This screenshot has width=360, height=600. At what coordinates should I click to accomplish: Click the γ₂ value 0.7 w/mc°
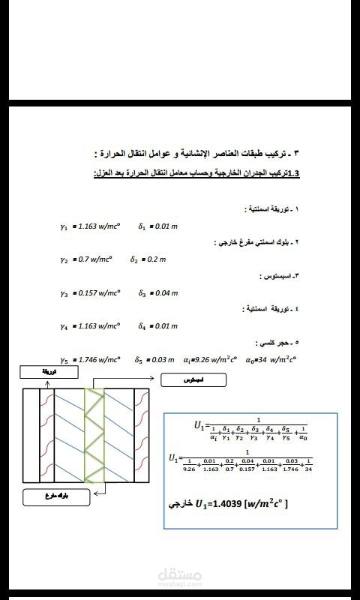(x=94, y=259)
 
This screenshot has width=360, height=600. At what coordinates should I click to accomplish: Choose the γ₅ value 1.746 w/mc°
(x=100, y=360)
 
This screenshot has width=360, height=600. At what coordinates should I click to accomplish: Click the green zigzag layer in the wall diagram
(x=96, y=435)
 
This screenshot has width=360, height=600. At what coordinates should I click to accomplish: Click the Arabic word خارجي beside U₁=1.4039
(x=183, y=504)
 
